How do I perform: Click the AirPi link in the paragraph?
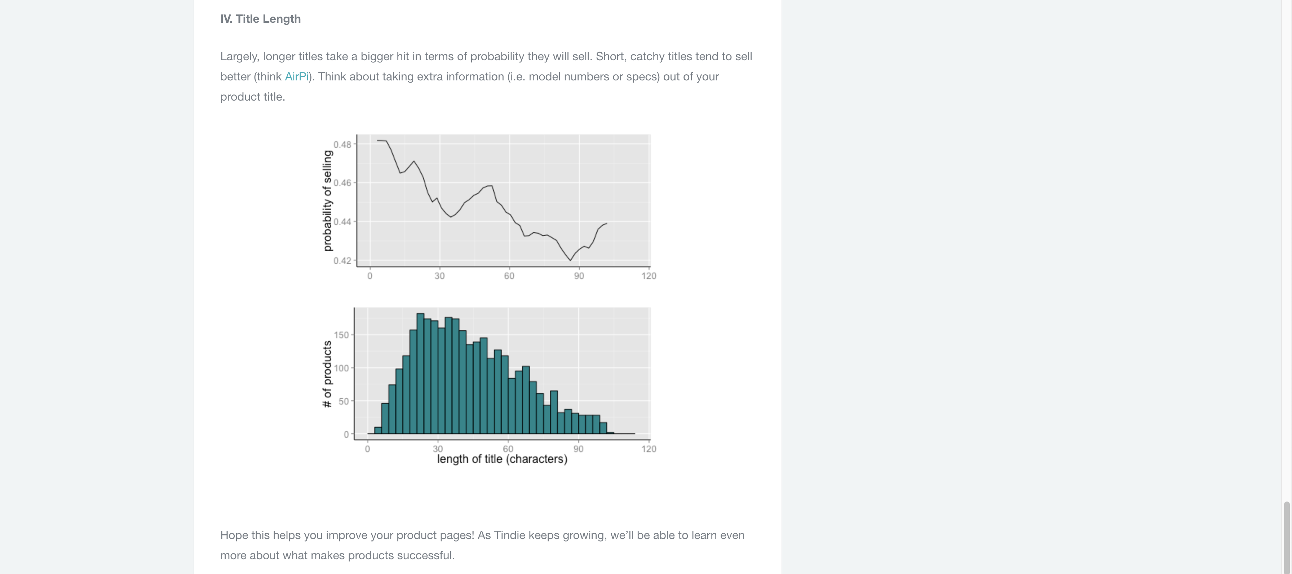[x=296, y=77]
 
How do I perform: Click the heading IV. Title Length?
[x=260, y=19]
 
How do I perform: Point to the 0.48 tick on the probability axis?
[x=342, y=145]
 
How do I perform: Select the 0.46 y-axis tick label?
[x=342, y=183]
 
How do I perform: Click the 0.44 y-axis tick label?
[x=342, y=222]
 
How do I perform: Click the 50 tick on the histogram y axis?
[x=344, y=401]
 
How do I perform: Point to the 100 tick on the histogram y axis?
[x=341, y=368]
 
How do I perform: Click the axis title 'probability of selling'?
[x=328, y=201]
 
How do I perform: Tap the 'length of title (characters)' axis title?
[x=502, y=459]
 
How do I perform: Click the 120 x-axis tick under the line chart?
[x=649, y=276]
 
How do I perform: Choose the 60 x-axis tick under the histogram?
[x=508, y=449]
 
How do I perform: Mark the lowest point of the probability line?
[x=570, y=260]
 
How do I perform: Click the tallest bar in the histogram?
[x=420, y=374]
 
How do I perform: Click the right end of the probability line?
[x=607, y=223]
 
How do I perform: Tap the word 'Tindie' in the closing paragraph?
[x=509, y=535]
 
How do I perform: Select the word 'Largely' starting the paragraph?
[x=239, y=57]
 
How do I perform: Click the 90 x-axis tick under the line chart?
[x=579, y=276]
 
